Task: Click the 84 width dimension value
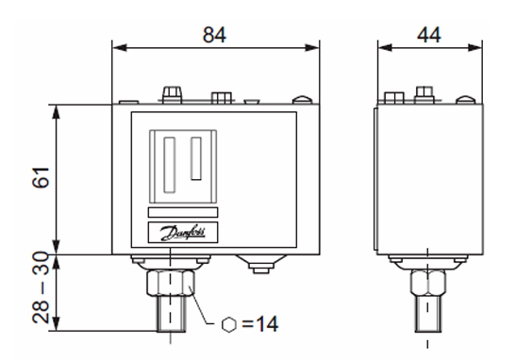(x=214, y=35)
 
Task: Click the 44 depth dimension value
(x=429, y=35)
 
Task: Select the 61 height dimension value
(x=41, y=177)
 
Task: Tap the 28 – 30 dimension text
(x=41, y=287)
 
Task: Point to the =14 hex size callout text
(x=260, y=324)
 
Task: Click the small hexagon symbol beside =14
(x=229, y=324)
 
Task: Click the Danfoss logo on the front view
(x=183, y=233)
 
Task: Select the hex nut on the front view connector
(x=171, y=282)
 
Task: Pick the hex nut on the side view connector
(x=428, y=282)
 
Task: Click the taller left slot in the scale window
(x=169, y=165)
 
